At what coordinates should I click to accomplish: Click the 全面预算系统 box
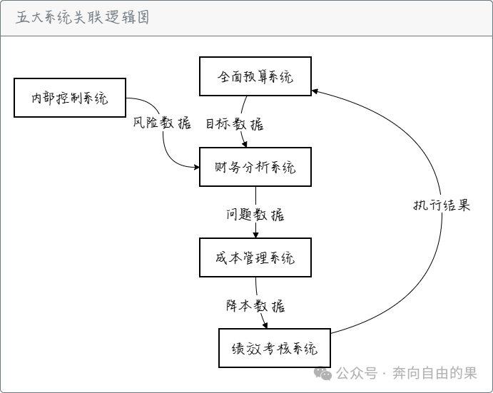pos(255,76)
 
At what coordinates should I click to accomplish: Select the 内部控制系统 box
pos(70,98)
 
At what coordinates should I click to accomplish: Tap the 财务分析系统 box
pos(255,168)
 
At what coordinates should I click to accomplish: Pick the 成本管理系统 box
pos(255,258)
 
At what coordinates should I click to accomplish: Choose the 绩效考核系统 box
pos(274,349)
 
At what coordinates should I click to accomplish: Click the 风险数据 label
pos(163,123)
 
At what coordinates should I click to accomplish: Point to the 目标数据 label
pos(235,123)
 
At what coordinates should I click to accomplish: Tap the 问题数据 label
pos(255,214)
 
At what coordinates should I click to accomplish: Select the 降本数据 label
pos(255,305)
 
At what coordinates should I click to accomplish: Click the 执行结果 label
pos(442,205)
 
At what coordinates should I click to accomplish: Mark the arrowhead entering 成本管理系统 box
pos(255,235)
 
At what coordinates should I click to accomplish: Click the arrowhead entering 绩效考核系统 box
pos(265,325)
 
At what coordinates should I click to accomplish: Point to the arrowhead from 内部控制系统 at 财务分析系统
pos(196,168)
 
